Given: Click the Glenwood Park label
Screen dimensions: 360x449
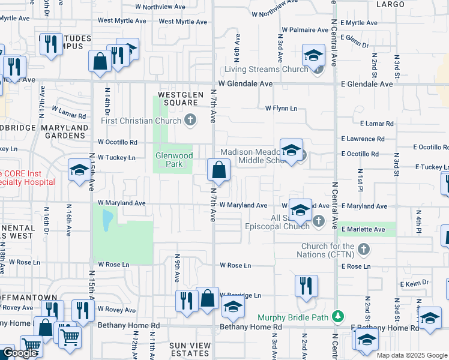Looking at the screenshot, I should point(173,160).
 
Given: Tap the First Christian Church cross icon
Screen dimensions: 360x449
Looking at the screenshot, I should point(190,121).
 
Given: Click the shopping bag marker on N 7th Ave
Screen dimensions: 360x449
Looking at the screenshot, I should point(218,170).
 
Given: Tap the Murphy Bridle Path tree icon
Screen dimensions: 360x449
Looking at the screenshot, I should point(339,316).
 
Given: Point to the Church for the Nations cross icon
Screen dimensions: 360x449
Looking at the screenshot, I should point(363,249).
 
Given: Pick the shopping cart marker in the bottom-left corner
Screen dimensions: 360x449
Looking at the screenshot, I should point(31,346).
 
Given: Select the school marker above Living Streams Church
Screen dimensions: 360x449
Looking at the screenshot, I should point(312,56).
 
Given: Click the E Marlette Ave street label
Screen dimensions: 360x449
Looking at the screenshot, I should point(363,229).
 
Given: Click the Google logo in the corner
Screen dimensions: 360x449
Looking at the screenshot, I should point(20,353).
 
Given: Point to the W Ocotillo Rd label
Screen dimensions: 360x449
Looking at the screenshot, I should point(118,142).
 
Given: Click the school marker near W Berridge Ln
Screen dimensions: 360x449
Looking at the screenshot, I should point(233,308).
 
